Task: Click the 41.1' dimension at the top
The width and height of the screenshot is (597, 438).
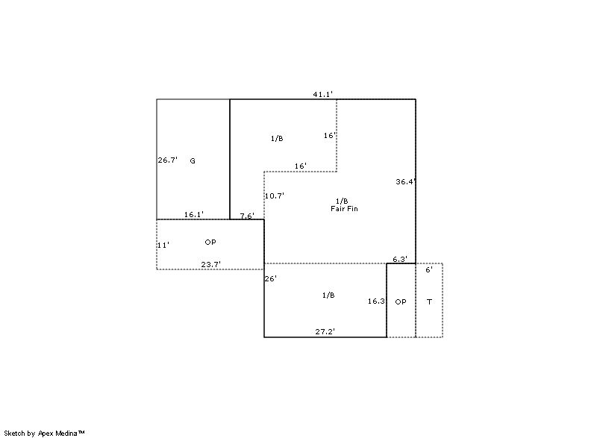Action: point(323,94)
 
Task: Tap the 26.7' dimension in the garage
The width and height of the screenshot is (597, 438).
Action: point(168,160)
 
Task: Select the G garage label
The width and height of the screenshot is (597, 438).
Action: point(193,161)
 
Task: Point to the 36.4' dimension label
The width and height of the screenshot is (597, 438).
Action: point(405,181)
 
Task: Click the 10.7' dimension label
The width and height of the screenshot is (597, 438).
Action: point(275,196)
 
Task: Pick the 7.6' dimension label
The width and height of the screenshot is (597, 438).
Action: point(247,216)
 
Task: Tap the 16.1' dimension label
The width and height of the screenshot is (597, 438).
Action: point(194,215)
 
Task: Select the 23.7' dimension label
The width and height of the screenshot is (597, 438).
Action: point(211,264)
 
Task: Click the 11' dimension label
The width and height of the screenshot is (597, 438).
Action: point(163,245)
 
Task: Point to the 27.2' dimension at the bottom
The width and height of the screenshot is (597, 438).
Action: point(325,332)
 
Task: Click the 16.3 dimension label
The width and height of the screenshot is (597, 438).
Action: point(376,301)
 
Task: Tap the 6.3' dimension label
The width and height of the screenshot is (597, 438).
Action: point(400,260)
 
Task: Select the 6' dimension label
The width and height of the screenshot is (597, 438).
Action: point(429,270)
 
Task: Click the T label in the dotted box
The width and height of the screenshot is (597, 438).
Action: point(430,302)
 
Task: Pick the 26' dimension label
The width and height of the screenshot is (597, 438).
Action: point(270,279)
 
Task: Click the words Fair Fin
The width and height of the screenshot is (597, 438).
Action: point(344,208)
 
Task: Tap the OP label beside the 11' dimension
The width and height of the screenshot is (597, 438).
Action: point(210,242)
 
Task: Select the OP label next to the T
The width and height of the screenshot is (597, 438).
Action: point(401,301)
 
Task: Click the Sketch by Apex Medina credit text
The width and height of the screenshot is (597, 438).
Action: point(45,433)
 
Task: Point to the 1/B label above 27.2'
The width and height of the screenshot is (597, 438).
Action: point(328,295)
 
